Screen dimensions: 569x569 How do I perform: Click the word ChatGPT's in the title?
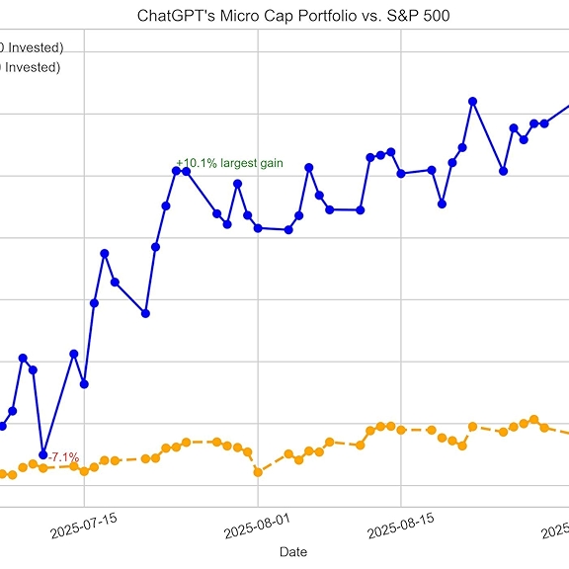(175, 17)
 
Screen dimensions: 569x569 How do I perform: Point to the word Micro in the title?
(230, 17)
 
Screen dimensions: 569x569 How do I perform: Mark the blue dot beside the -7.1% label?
(42, 454)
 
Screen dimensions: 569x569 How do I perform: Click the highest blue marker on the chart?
(472, 102)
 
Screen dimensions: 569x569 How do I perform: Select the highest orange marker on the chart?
(533, 420)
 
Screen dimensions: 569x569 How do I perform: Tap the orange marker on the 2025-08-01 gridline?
(258, 472)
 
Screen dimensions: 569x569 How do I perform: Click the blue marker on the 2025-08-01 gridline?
(258, 228)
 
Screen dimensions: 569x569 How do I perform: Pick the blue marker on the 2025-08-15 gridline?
(401, 174)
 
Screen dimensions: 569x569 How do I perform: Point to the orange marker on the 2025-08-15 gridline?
(401, 430)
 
